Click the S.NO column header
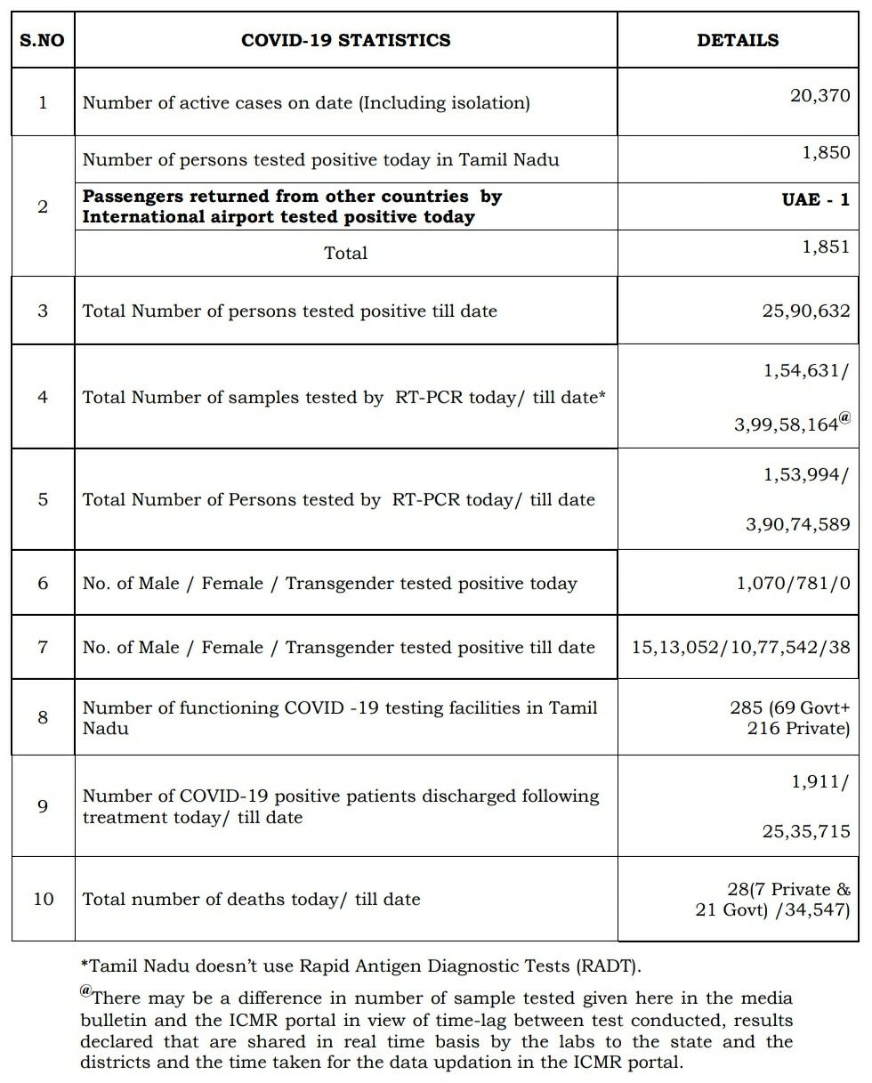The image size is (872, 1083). pyautogui.click(x=43, y=40)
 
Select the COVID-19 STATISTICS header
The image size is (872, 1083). pyautogui.click(x=345, y=40)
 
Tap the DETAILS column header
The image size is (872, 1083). pyautogui.click(x=737, y=40)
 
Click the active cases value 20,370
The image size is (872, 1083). pyautogui.click(x=820, y=95)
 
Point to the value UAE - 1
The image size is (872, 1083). pyautogui.click(x=815, y=199)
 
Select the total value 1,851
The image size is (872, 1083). pyautogui.click(x=826, y=247)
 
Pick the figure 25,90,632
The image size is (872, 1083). pyautogui.click(x=805, y=311)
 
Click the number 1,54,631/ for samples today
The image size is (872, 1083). pyautogui.click(x=806, y=371)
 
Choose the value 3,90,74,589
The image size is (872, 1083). pyautogui.click(x=797, y=524)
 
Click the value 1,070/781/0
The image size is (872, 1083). pyautogui.click(x=793, y=584)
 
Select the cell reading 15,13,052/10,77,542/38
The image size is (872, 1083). pyautogui.click(x=740, y=647)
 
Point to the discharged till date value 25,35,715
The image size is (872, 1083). pyautogui.click(x=805, y=831)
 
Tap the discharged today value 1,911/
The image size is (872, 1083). pyautogui.click(x=820, y=781)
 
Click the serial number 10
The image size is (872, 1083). pyautogui.click(x=43, y=899)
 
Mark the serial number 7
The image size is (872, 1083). pyautogui.click(x=43, y=646)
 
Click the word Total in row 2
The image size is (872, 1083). pyautogui.click(x=345, y=253)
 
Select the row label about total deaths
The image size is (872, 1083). pyautogui.click(x=251, y=899)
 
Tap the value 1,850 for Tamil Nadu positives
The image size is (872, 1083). pyautogui.click(x=826, y=152)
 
